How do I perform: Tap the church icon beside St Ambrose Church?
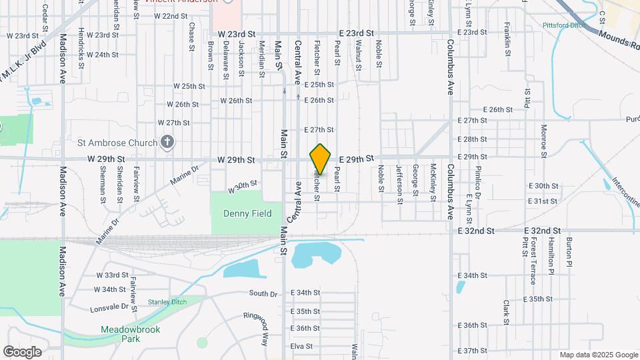167,142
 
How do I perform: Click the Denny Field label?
237,213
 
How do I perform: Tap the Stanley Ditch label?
167,301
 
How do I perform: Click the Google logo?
22,351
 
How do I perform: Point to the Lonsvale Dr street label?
110,306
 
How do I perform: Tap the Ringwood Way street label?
255,328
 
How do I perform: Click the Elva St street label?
301,346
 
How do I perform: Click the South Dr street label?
263,293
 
